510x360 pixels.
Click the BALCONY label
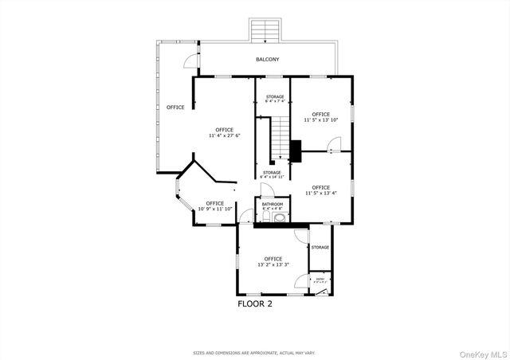pos(267,60)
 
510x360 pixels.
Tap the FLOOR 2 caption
pos(255,303)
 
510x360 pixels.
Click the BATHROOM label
pos(272,204)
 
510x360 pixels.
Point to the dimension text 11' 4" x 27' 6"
pos(224,136)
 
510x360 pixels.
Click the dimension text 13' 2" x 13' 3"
pos(273,264)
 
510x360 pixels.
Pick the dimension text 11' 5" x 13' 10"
pos(321,119)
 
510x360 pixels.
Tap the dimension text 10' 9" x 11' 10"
pos(214,209)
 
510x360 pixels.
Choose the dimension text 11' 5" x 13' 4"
pos(320,193)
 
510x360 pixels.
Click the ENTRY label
pos(320,279)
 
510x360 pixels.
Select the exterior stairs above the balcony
pos(265,30)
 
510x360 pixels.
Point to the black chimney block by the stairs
pos(296,149)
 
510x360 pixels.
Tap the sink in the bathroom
pos(266,216)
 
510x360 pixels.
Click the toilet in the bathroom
pos(279,216)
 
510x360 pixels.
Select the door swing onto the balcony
pos(187,61)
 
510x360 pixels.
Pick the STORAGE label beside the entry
pos(320,247)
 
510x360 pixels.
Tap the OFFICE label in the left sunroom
pos(175,107)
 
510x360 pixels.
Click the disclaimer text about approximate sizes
pos(255,352)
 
